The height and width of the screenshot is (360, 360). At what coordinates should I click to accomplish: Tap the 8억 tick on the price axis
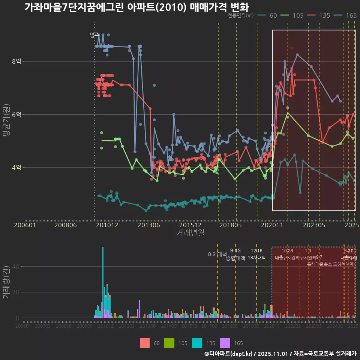tap(17, 61)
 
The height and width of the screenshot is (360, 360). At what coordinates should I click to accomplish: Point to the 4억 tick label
tap(17, 168)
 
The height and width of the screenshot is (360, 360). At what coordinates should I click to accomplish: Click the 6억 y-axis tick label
tap(17, 115)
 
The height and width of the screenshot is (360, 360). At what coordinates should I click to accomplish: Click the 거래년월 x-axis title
tap(190, 232)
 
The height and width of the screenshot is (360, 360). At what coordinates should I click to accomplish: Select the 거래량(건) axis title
tap(6, 282)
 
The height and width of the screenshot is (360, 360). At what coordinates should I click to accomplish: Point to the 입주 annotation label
tap(94, 35)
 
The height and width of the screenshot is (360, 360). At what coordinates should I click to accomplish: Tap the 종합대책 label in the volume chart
tap(235, 258)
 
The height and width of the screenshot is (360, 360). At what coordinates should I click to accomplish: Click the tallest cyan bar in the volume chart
tap(103, 262)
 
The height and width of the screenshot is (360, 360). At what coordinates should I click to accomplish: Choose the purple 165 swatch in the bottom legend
tap(225, 343)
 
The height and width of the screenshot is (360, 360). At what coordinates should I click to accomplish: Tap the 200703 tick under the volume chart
tap(42, 326)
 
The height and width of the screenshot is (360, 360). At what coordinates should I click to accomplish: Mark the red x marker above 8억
tap(292, 48)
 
